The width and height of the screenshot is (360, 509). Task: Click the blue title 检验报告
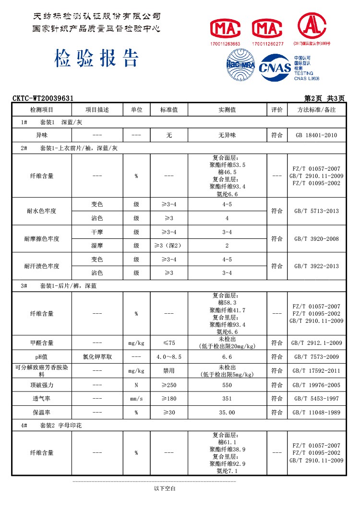(x=97, y=59)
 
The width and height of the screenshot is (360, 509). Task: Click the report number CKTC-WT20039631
(x=43, y=98)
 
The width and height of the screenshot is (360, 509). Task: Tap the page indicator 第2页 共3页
(x=324, y=98)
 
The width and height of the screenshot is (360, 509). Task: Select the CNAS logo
(x=275, y=68)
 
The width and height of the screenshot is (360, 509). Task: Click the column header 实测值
(x=227, y=110)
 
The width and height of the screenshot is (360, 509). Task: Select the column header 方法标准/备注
(x=316, y=110)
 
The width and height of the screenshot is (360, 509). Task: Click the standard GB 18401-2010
(x=316, y=135)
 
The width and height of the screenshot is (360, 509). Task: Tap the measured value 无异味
(x=227, y=135)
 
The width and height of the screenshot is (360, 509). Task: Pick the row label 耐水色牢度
(x=42, y=211)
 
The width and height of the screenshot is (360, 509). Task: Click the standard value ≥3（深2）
(x=169, y=246)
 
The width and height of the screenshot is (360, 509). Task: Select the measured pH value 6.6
(x=227, y=357)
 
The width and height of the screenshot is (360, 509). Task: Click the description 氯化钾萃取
(x=97, y=357)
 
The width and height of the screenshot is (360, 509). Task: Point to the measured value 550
(x=227, y=385)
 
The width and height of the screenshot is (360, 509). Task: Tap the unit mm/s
(x=136, y=399)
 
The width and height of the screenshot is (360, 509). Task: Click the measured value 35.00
(x=227, y=413)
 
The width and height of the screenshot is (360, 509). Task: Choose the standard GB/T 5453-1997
(x=316, y=399)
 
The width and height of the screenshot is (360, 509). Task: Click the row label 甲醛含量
(x=42, y=343)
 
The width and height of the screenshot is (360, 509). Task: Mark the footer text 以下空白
(x=165, y=488)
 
